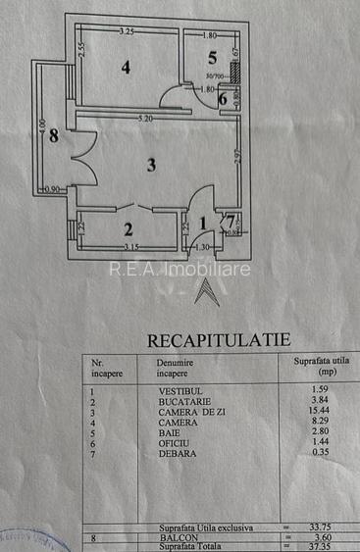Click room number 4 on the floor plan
(127, 68)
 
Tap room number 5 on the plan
(211, 57)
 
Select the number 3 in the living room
(150, 165)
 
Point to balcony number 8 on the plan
(54, 136)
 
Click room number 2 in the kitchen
(128, 230)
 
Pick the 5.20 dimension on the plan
(145, 120)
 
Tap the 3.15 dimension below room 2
(129, 247)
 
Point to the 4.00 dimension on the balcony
(42, 127)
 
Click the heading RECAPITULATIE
(219, 340)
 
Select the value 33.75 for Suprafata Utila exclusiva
(308, 527)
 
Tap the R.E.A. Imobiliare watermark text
(180, 269)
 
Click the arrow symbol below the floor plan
(203, 291)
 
